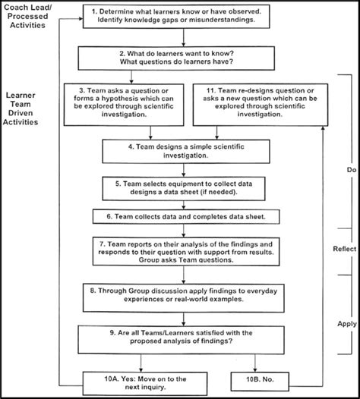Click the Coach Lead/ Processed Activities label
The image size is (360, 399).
(28, 17)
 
